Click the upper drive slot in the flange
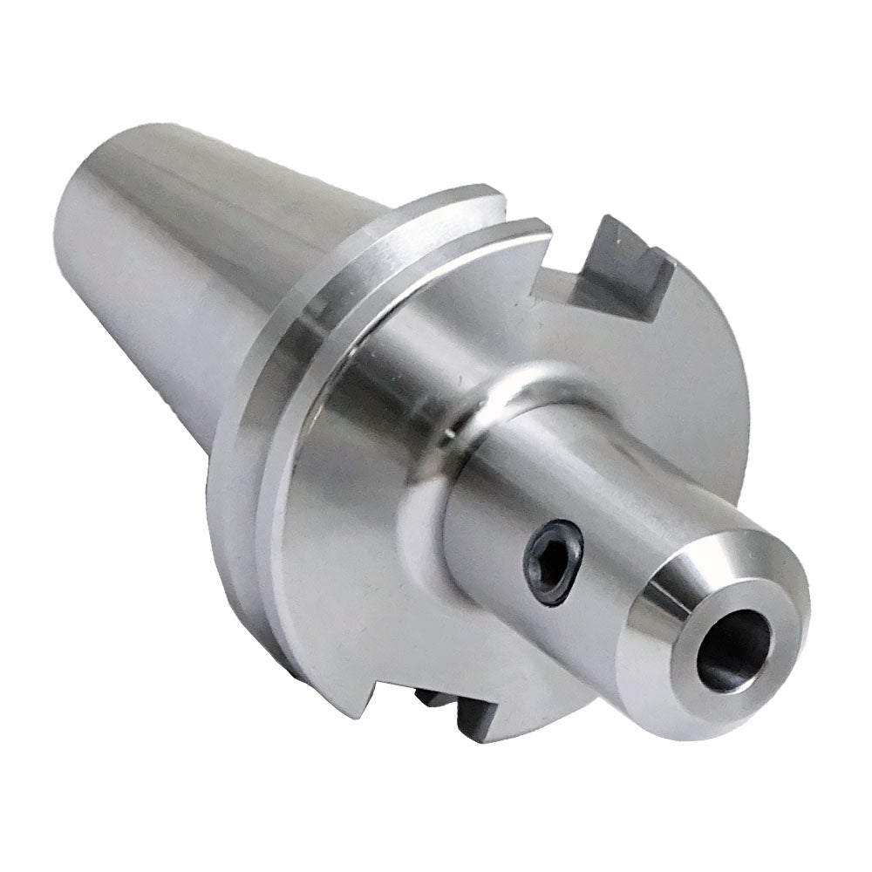coord(602,270)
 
